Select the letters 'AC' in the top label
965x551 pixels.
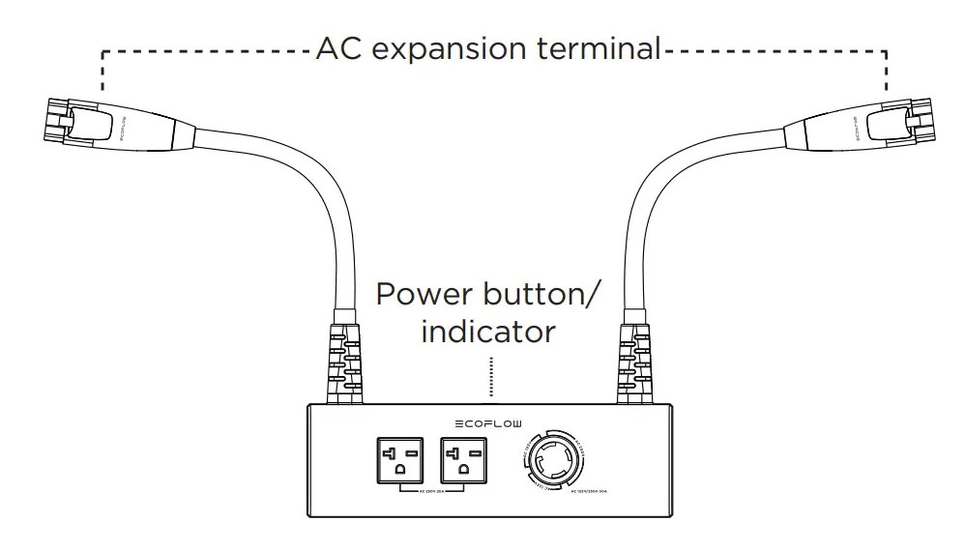click(339, 47)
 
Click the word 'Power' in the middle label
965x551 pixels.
click(424, 294)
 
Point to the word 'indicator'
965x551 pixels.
click(488, 332)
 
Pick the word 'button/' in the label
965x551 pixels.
click(544, 294)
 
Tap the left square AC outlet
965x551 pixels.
click(399, 461)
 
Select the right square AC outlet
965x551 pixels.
click(463, 461)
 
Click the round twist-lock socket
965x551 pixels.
click(555, 461)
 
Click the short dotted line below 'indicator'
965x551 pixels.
click(491, 378)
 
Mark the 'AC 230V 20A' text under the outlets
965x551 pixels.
click(431, 491)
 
